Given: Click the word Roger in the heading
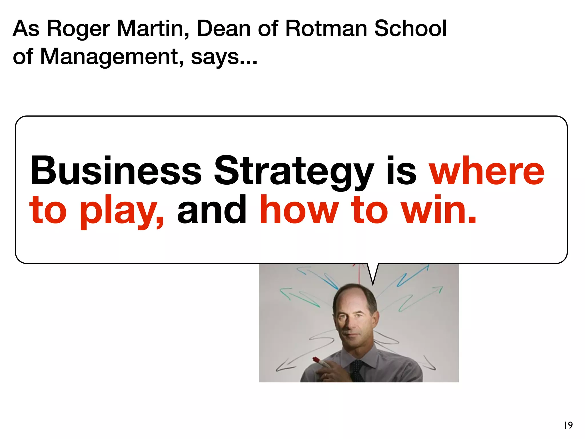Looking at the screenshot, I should coord(78,29).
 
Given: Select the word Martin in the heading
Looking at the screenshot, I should coord(153,29).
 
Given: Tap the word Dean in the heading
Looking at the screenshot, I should coord(224,29).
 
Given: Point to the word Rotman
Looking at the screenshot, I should coord(326,29).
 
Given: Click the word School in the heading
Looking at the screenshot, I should coord(410,29).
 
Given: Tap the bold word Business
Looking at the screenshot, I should coord(116,171).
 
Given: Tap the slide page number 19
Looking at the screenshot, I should coord(568,425).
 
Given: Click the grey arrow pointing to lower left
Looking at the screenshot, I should coord(286,366).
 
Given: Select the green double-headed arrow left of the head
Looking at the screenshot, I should coord(298,297).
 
